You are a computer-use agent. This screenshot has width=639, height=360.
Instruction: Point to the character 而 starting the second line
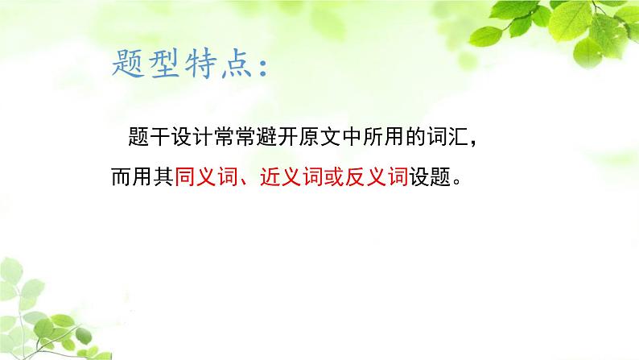120,176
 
